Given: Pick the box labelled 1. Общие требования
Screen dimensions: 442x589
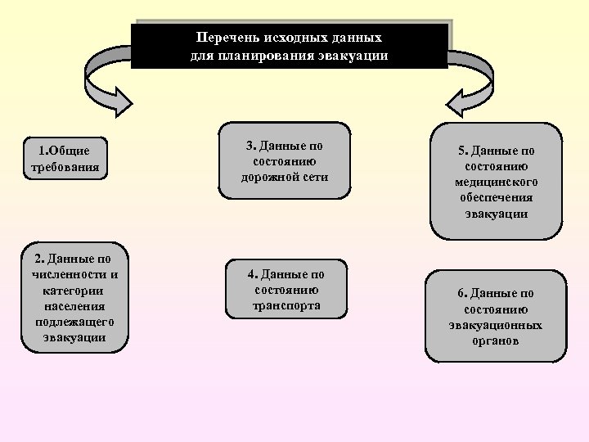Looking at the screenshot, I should point(65,159).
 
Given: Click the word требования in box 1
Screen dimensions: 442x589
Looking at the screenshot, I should point(65,167).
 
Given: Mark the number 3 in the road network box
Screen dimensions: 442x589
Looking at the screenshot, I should point(250,146).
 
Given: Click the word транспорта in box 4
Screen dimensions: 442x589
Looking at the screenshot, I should point(286,305).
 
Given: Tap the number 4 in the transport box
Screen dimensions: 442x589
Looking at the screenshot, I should point(253,274).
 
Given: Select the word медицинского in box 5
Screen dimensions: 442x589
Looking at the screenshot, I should point(496,182).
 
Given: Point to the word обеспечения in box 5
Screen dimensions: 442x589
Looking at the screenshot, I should point(496,197).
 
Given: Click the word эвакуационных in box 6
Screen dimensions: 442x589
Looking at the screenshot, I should point(496,324).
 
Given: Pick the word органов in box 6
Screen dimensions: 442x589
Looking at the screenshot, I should point(496,340).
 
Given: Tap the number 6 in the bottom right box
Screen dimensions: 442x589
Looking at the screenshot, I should point(461,293).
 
